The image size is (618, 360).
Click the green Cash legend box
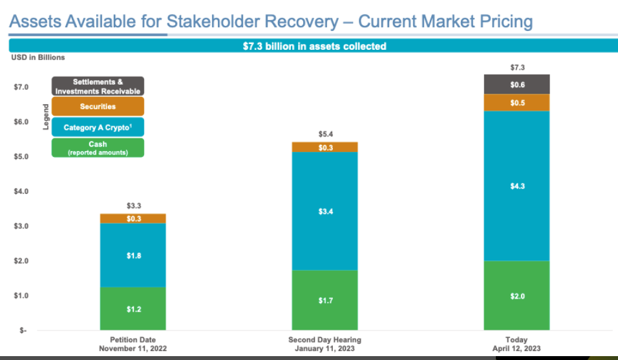[98, 148]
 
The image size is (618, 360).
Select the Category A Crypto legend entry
[98, 127]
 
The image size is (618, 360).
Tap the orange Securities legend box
[98, 107]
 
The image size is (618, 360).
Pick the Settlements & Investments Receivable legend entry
[98, 86]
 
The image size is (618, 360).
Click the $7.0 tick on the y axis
[21, 87]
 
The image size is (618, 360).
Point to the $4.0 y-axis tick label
[21, 191]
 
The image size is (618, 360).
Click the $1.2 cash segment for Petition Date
[133, 308]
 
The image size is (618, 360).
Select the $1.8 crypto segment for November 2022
[133, 255]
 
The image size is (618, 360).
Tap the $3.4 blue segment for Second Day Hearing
[325, 211]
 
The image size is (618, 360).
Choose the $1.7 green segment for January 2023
[325, 300]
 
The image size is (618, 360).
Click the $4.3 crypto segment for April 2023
[517, 186]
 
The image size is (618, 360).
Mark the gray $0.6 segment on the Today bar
[517, 84]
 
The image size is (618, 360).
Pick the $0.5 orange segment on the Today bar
[517, 103]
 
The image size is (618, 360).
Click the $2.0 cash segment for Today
[517, 295]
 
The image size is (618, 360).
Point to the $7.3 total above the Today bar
[518, 67]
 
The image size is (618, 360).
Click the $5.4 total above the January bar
[326, 134]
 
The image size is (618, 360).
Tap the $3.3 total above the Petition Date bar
[134, 206]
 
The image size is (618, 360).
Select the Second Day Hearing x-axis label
[325, 344]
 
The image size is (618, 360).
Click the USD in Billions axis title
[38, 58]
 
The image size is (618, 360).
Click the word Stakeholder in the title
[252, 22]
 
